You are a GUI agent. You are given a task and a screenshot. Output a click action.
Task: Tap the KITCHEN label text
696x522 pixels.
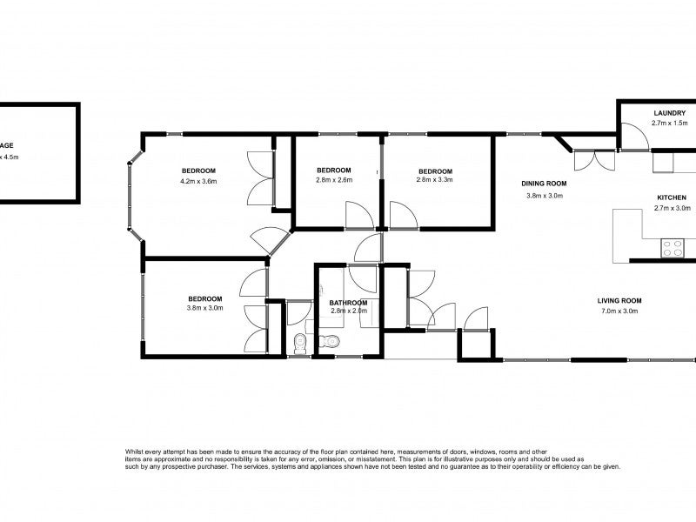(671, 197)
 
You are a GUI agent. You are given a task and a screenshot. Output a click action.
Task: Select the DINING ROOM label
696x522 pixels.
(544, 184)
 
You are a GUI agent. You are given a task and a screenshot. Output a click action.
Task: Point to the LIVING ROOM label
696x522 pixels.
(619, 301)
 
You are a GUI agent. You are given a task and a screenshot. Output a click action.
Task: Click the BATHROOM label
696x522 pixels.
(349, 302)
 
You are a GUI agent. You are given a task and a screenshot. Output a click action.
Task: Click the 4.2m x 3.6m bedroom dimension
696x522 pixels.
(197, 181)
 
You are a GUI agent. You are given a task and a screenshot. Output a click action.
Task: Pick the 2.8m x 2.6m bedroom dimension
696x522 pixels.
(333, 180)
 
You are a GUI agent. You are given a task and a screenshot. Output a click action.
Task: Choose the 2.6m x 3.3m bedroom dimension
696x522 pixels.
(435, 180)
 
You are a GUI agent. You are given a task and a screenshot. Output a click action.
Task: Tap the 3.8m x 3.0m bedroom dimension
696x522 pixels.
(204, 308)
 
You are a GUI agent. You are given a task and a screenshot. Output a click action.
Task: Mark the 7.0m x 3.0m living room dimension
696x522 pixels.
(619, 311)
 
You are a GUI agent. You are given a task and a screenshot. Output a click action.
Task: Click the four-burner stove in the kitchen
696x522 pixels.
(673, 249)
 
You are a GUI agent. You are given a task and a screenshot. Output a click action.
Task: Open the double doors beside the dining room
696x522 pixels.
(594, 159)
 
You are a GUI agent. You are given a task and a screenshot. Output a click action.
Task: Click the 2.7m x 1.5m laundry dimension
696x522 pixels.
(670, 124)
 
